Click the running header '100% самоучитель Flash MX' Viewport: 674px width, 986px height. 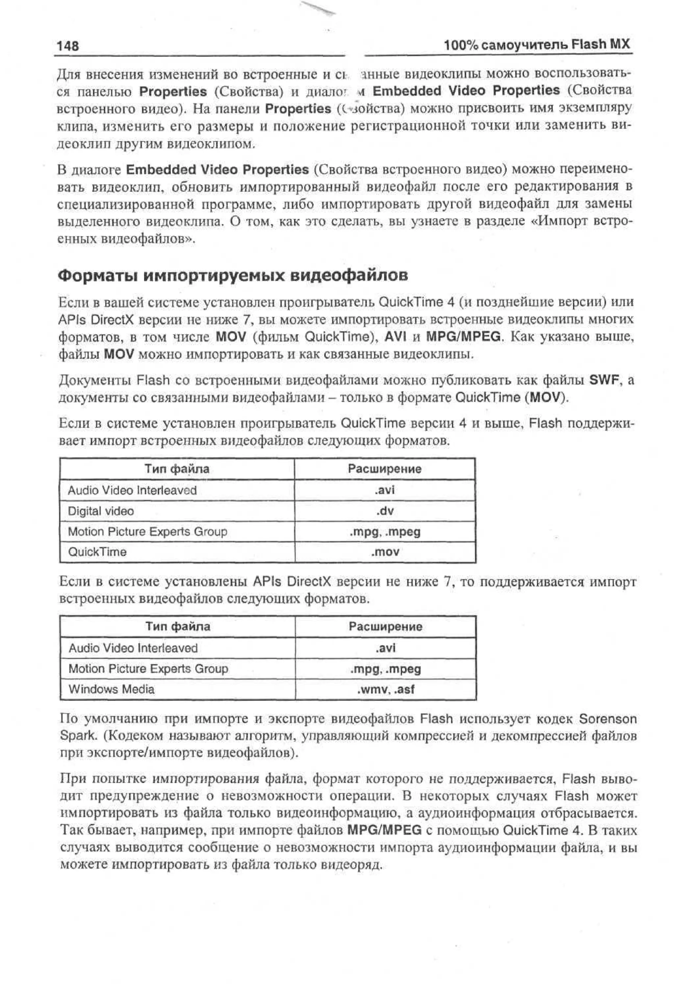tap(537, 44)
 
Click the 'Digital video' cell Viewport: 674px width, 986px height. tap(101, 511)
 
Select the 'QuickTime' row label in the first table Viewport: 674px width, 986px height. tap(97, 552)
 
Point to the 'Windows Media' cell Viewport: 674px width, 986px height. tap(112, 689)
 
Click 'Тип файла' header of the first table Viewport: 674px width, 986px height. tap(177, 469)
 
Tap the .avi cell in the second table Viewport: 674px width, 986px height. tap(385, 648)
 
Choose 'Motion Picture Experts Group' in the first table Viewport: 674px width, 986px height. tap(148, 532)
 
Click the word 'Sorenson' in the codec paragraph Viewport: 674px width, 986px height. tap(608, 719)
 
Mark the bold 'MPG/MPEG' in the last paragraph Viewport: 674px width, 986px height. tap(384, 830)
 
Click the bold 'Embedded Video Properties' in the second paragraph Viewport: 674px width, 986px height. tap(217, 170)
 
